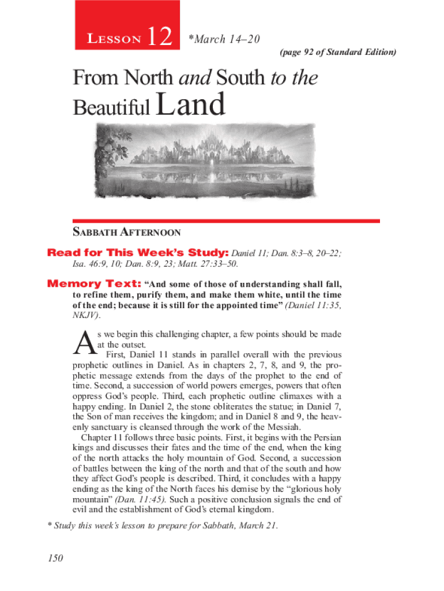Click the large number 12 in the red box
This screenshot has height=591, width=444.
(159, 38)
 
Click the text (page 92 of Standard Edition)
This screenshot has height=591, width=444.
(338, 53)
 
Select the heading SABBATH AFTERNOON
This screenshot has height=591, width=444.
(126, 233)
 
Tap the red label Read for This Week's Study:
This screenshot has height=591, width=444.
(138, 253)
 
